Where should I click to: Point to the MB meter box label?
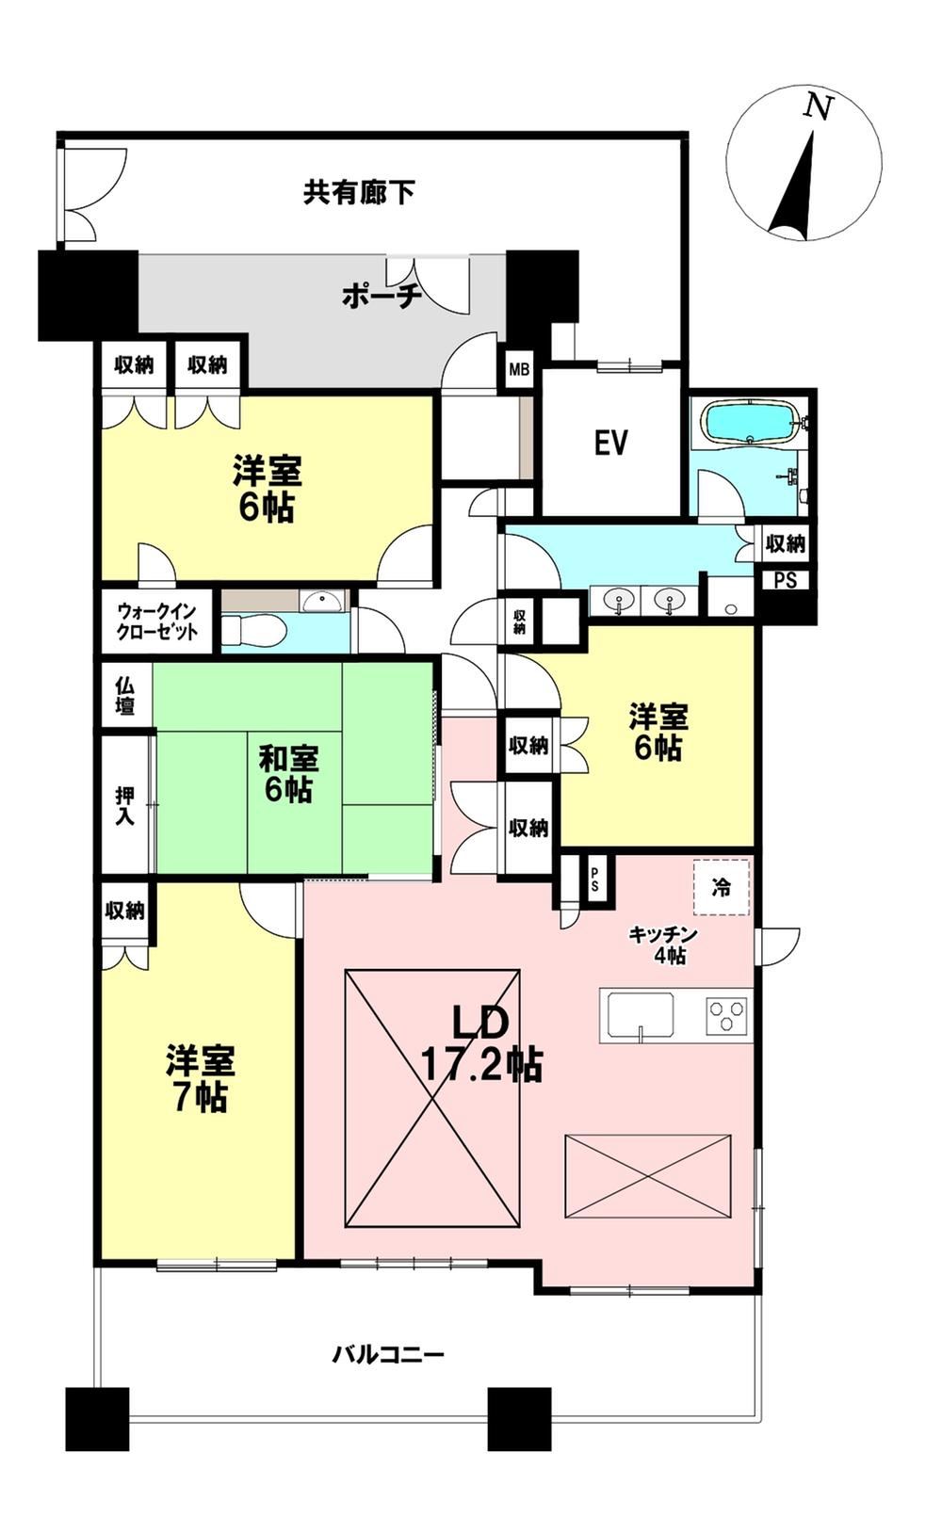pos(519,370)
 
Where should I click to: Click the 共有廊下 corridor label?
pos(359,192)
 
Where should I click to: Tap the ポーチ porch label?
pos(382,297)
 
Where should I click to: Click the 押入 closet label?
pos(124,805)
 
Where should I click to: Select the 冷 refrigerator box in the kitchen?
pos(721,888)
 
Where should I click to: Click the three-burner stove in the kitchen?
pos(727,1015)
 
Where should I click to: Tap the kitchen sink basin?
pos(640,1014)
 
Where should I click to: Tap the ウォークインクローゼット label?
pos(157,621)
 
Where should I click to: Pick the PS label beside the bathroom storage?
pos(786,580)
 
